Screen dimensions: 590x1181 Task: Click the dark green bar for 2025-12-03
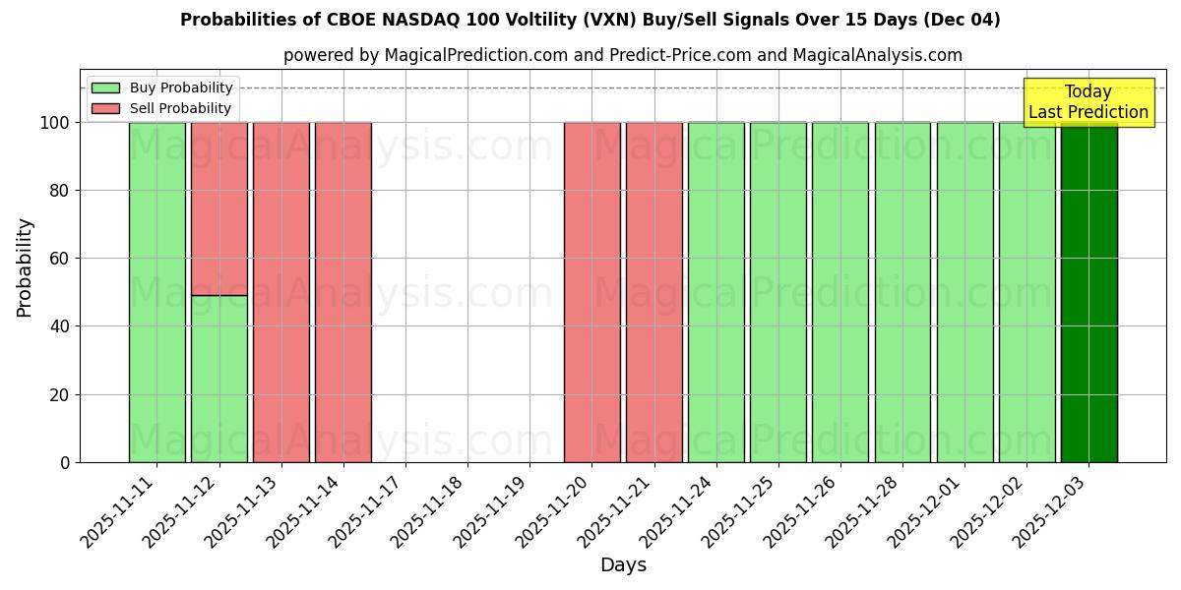[1088, 292]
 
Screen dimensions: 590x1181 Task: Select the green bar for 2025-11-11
[156, 292]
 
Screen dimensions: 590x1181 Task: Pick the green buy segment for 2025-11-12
[218, 379]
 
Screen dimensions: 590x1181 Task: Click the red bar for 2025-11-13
[280, 292]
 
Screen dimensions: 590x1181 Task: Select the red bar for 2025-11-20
[591, 292]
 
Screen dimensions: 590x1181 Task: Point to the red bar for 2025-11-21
[653, 292]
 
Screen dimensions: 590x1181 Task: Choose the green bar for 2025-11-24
[715, 292]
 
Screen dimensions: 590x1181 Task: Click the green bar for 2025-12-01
[964, 292]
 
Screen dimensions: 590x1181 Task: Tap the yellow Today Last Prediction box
[1088, 102]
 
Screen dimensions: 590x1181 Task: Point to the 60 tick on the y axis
[60, 259]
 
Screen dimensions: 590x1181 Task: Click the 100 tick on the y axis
[55, 123]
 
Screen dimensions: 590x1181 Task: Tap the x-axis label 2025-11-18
[431, 510]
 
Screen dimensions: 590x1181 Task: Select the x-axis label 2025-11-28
[866, 510]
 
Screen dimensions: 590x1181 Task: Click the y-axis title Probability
[25, 266]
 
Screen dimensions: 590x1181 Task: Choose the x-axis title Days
[623, 565]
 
